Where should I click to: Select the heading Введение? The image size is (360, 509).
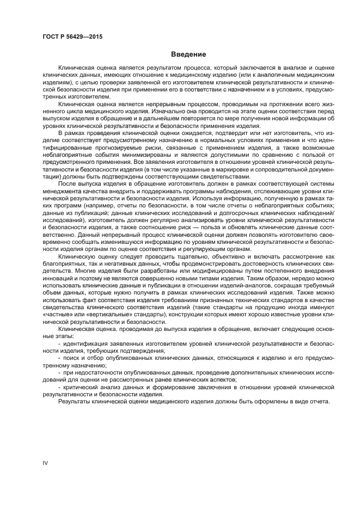[188, 55]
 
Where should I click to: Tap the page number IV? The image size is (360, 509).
[45, 463]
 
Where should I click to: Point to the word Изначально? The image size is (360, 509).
[155, 110]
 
